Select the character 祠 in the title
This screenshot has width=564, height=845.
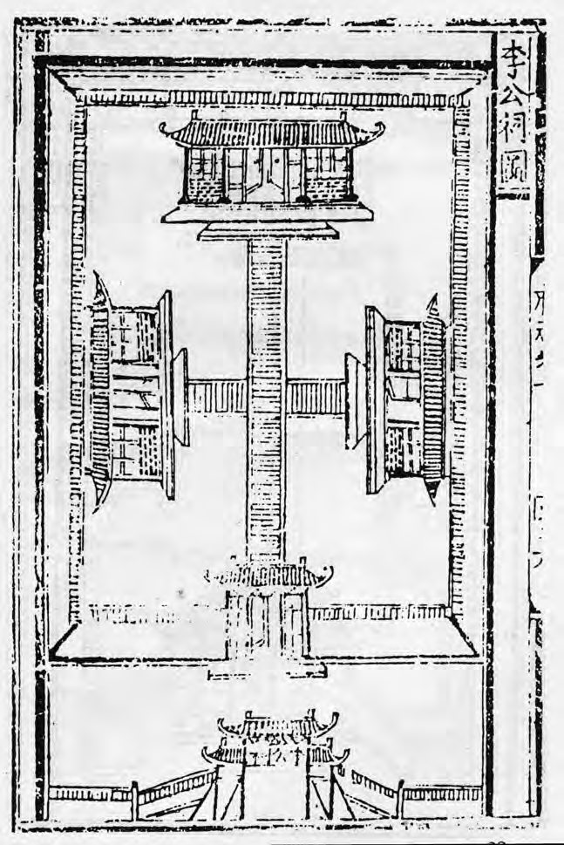pos(513,138)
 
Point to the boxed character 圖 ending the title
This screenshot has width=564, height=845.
pos(513,175)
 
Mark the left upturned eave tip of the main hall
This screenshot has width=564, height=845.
pos(164,128)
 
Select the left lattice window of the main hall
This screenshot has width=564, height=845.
pos(207,161)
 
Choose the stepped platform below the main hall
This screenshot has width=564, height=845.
pos(268,229)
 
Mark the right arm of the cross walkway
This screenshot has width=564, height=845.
pos(316,398)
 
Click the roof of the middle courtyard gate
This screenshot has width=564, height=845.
pos(268,576)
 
